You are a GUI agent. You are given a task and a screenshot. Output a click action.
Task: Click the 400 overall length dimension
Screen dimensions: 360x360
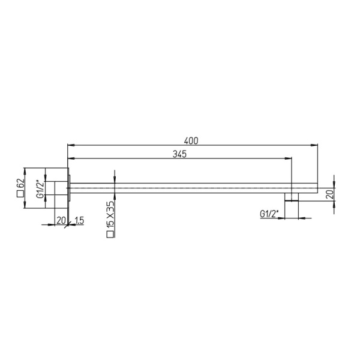191,140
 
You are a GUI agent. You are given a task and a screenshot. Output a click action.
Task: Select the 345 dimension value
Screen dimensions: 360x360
179,154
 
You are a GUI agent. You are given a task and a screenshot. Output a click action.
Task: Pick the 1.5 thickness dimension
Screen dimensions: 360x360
79,220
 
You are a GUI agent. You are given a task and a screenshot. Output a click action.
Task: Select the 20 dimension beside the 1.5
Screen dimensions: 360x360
61,220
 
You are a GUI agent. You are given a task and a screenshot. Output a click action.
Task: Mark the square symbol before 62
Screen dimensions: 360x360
20,194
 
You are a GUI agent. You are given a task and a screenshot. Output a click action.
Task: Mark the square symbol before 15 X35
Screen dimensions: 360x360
110,235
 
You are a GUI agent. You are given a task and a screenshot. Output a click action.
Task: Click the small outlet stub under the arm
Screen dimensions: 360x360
291,197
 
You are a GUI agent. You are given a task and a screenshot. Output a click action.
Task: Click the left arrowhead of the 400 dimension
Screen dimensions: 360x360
70,145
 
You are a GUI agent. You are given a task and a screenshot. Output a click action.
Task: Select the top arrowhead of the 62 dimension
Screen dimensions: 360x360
24,169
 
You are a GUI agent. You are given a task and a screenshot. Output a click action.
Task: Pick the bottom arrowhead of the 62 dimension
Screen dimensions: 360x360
24,206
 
